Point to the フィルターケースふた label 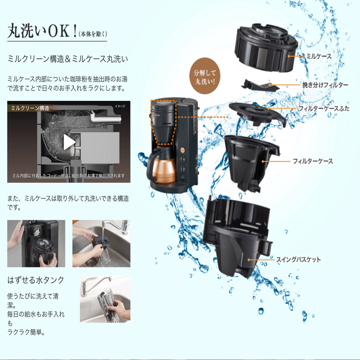324,109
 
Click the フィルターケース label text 313,161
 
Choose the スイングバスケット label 298,259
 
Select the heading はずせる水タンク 36,280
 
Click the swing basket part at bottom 237,234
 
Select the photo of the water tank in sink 105,299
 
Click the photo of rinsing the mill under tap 101,243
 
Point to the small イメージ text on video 120,106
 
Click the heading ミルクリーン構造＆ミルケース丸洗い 68,59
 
